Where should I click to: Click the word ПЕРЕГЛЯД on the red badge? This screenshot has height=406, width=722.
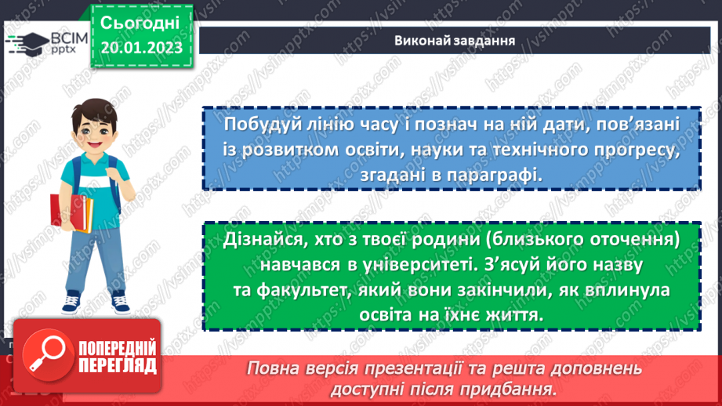pyautogui.click(x=118, y=365)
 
